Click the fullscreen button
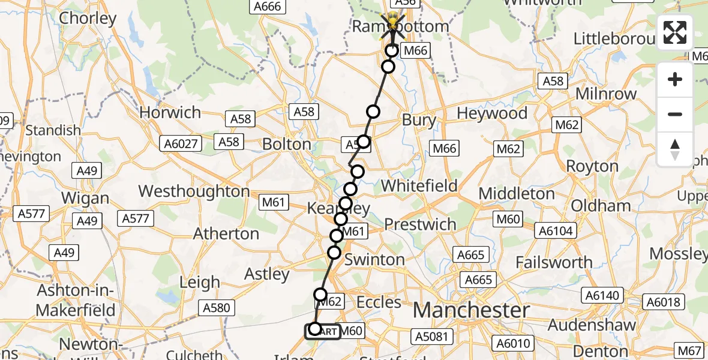click(x=675, y=32)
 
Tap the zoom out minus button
click(x=675, y=114)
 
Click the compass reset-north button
click(x=675, y=149)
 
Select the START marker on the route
click(x=323, y=331)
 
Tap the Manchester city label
click(x=471, y=310)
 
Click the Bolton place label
click(x=287, y=145)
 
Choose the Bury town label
click(x=419, y=120)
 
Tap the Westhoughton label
click(x=194, y=191)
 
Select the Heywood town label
click(x=492, y=113)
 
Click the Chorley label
click(x=88, y=18)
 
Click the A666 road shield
click(x=267, y=7)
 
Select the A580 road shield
click(x=217, y=308)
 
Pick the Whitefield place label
click(x=419, y=186)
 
